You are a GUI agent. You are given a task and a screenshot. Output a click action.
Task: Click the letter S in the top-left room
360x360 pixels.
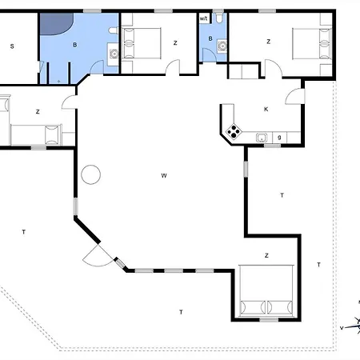[12, 46]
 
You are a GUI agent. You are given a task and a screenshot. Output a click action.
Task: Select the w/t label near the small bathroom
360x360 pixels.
[204, 18]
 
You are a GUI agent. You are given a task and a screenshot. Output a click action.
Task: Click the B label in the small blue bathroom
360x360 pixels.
[211, 38]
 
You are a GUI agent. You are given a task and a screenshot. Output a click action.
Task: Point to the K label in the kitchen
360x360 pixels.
[266, 109]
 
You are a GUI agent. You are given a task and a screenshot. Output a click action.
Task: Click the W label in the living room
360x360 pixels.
[163, 174]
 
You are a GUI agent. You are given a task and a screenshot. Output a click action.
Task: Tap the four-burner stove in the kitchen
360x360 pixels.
[234, 133]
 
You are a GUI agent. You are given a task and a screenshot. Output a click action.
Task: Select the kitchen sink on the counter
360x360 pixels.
[261, 138]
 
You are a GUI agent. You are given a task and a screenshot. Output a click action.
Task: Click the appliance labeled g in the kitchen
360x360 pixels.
[279, 138]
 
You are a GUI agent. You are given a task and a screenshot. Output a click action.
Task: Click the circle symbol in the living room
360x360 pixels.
[90, 174]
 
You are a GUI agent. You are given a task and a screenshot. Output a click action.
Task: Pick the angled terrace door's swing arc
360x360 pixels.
[98, 257]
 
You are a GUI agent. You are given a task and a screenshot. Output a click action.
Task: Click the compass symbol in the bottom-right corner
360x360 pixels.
[352, 324]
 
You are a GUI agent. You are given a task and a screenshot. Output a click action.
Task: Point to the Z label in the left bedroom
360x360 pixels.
[38, 113]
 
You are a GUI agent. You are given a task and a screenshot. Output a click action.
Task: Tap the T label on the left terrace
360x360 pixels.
[24, 232]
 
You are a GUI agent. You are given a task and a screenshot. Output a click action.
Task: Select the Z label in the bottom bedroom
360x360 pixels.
[266, 256]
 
